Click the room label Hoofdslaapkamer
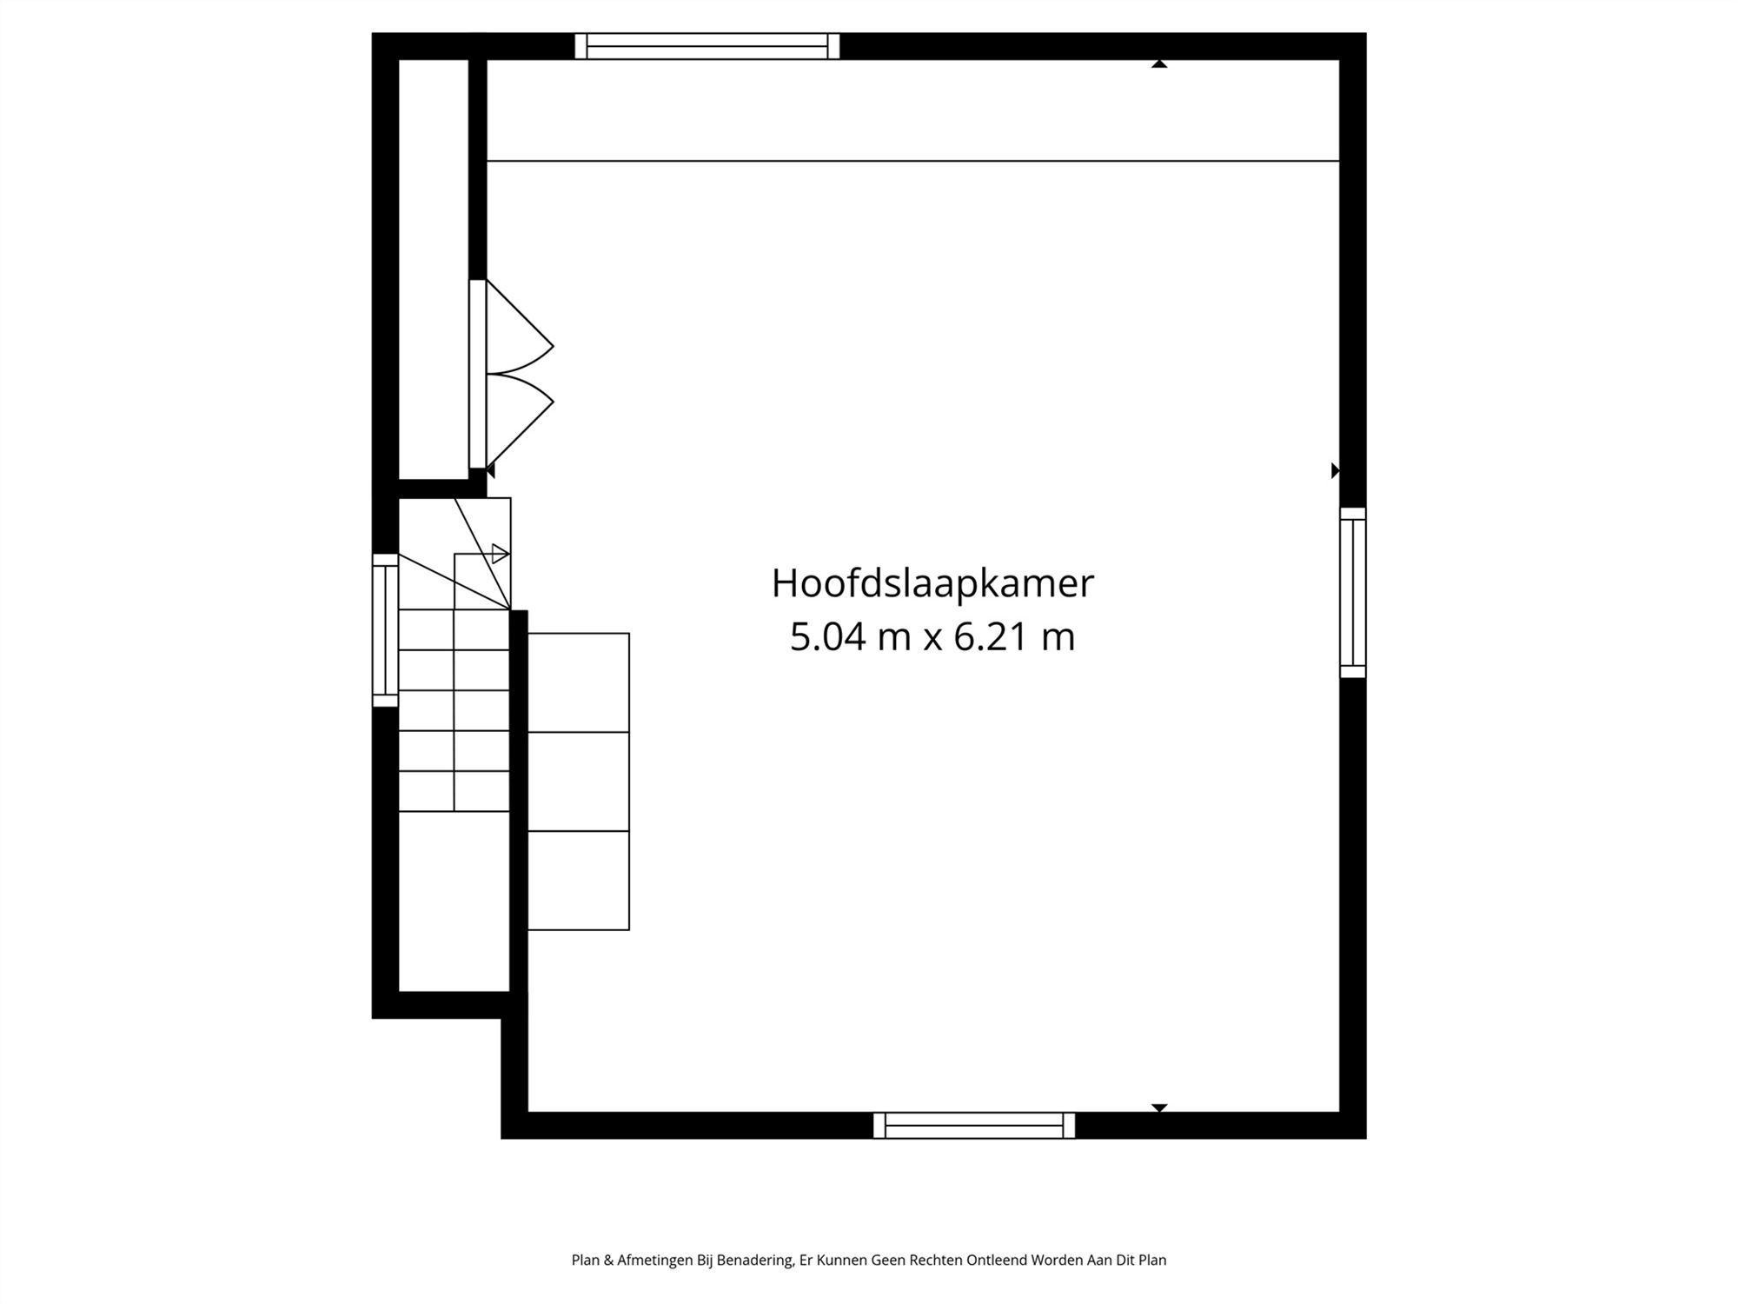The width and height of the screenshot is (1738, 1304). point(932,584)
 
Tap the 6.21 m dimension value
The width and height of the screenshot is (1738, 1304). point(1014,637)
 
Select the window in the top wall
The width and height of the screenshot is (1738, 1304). point(707,46)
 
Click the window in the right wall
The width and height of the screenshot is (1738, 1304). point(1353,593)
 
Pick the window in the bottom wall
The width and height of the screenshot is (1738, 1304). point(974,1125)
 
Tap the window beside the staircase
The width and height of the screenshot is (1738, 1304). point(386,630)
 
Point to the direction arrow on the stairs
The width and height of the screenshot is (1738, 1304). point(500,553)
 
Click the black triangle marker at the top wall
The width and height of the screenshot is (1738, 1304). point(1159,63)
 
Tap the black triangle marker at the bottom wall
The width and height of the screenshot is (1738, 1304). point(1159,1108)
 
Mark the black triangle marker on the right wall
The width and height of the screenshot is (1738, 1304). point(1336,470)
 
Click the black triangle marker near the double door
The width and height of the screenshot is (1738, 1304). point(491,470)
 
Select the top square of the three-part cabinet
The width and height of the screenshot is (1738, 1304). point(579,682)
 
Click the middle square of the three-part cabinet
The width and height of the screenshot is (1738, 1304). point(579,782)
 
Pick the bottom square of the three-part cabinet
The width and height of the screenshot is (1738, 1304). point(579,880)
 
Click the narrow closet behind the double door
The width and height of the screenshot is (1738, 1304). point(434,269)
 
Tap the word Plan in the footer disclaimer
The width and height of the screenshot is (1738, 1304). point(585,1260)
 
